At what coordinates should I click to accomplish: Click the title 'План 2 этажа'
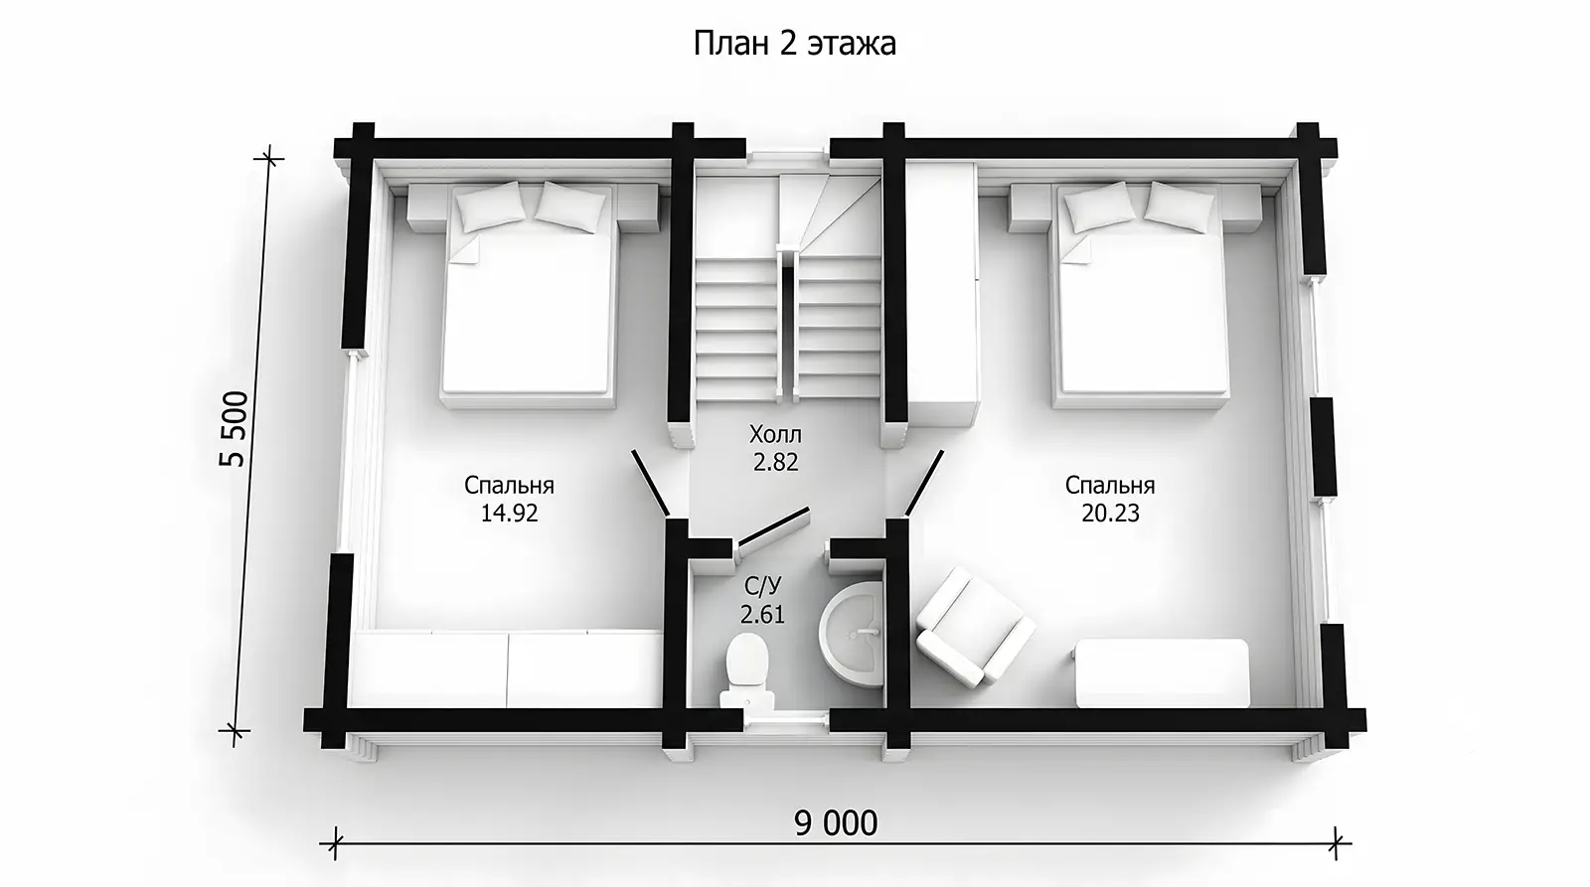pos(794,44)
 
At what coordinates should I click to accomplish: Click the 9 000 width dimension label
pos(836,823)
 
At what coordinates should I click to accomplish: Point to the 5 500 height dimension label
pos(234,428)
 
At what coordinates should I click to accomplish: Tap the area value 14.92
pos(509,514)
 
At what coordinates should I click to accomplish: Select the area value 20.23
pos(1110,514)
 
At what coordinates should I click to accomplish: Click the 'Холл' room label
pos(775,433)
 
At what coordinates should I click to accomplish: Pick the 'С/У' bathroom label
pos(762,585)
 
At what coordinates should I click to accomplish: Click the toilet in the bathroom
pos(746,670)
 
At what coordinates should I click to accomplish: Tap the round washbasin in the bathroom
pos(852,634)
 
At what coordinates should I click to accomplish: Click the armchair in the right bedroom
pos(975,625)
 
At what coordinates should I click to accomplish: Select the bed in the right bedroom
pos(1139,294)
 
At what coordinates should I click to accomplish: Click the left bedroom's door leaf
pos(650,482)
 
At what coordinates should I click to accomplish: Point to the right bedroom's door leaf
pos(923,482)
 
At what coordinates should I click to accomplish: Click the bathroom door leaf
pos(774,525)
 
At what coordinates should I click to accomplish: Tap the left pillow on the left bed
pos(491,206)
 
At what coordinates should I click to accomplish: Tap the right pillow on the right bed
pos(1180,206)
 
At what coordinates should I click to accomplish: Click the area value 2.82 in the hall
pos(776,463)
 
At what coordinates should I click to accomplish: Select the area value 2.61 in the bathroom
pos(762,614)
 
